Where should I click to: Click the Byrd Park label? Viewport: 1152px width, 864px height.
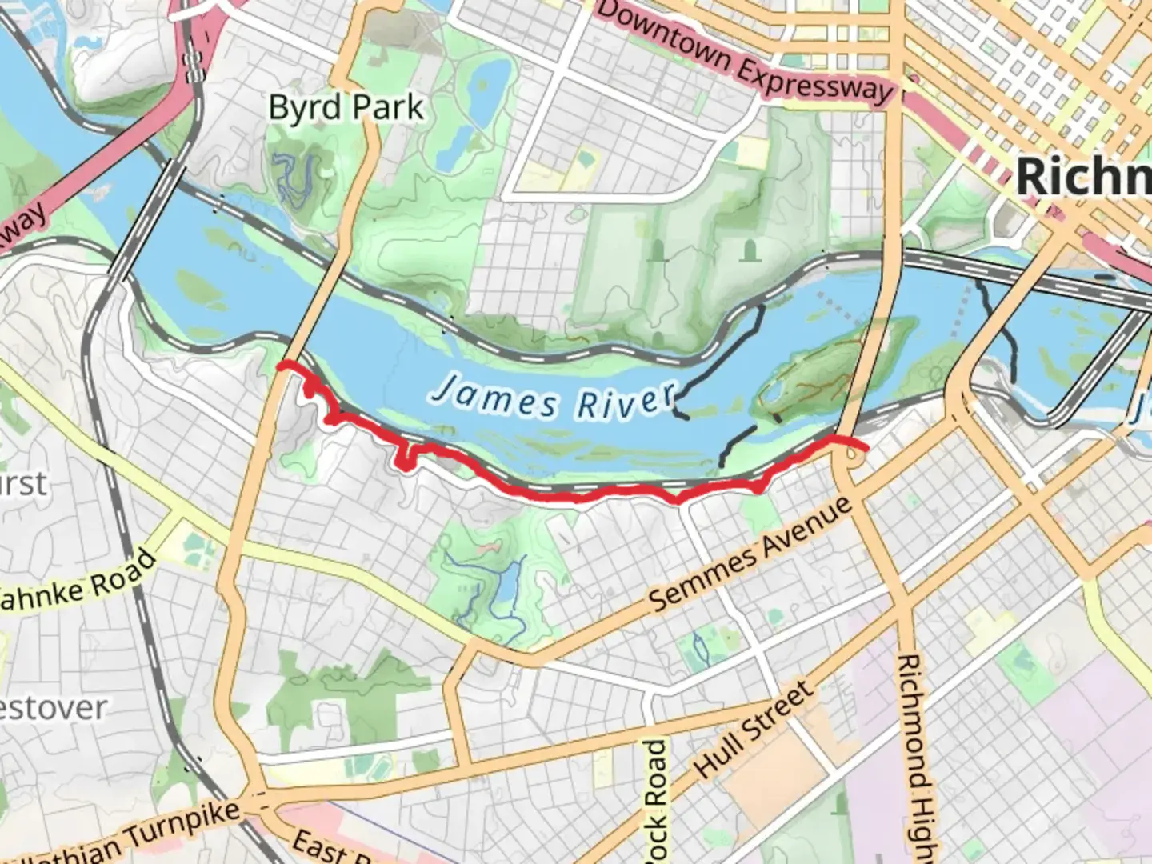[x=346, y=108]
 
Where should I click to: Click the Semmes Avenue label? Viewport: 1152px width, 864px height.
[x=750, y=554]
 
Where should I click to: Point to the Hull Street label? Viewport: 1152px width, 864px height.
[x=754, y=729]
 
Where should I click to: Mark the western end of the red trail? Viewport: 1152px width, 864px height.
[x=279, y=366]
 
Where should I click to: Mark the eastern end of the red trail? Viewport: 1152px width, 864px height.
[x=866, y=448]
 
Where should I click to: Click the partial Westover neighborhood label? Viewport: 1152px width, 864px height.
[x=53, y=708]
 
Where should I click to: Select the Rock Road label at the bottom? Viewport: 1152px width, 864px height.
[x=655, y=800]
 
